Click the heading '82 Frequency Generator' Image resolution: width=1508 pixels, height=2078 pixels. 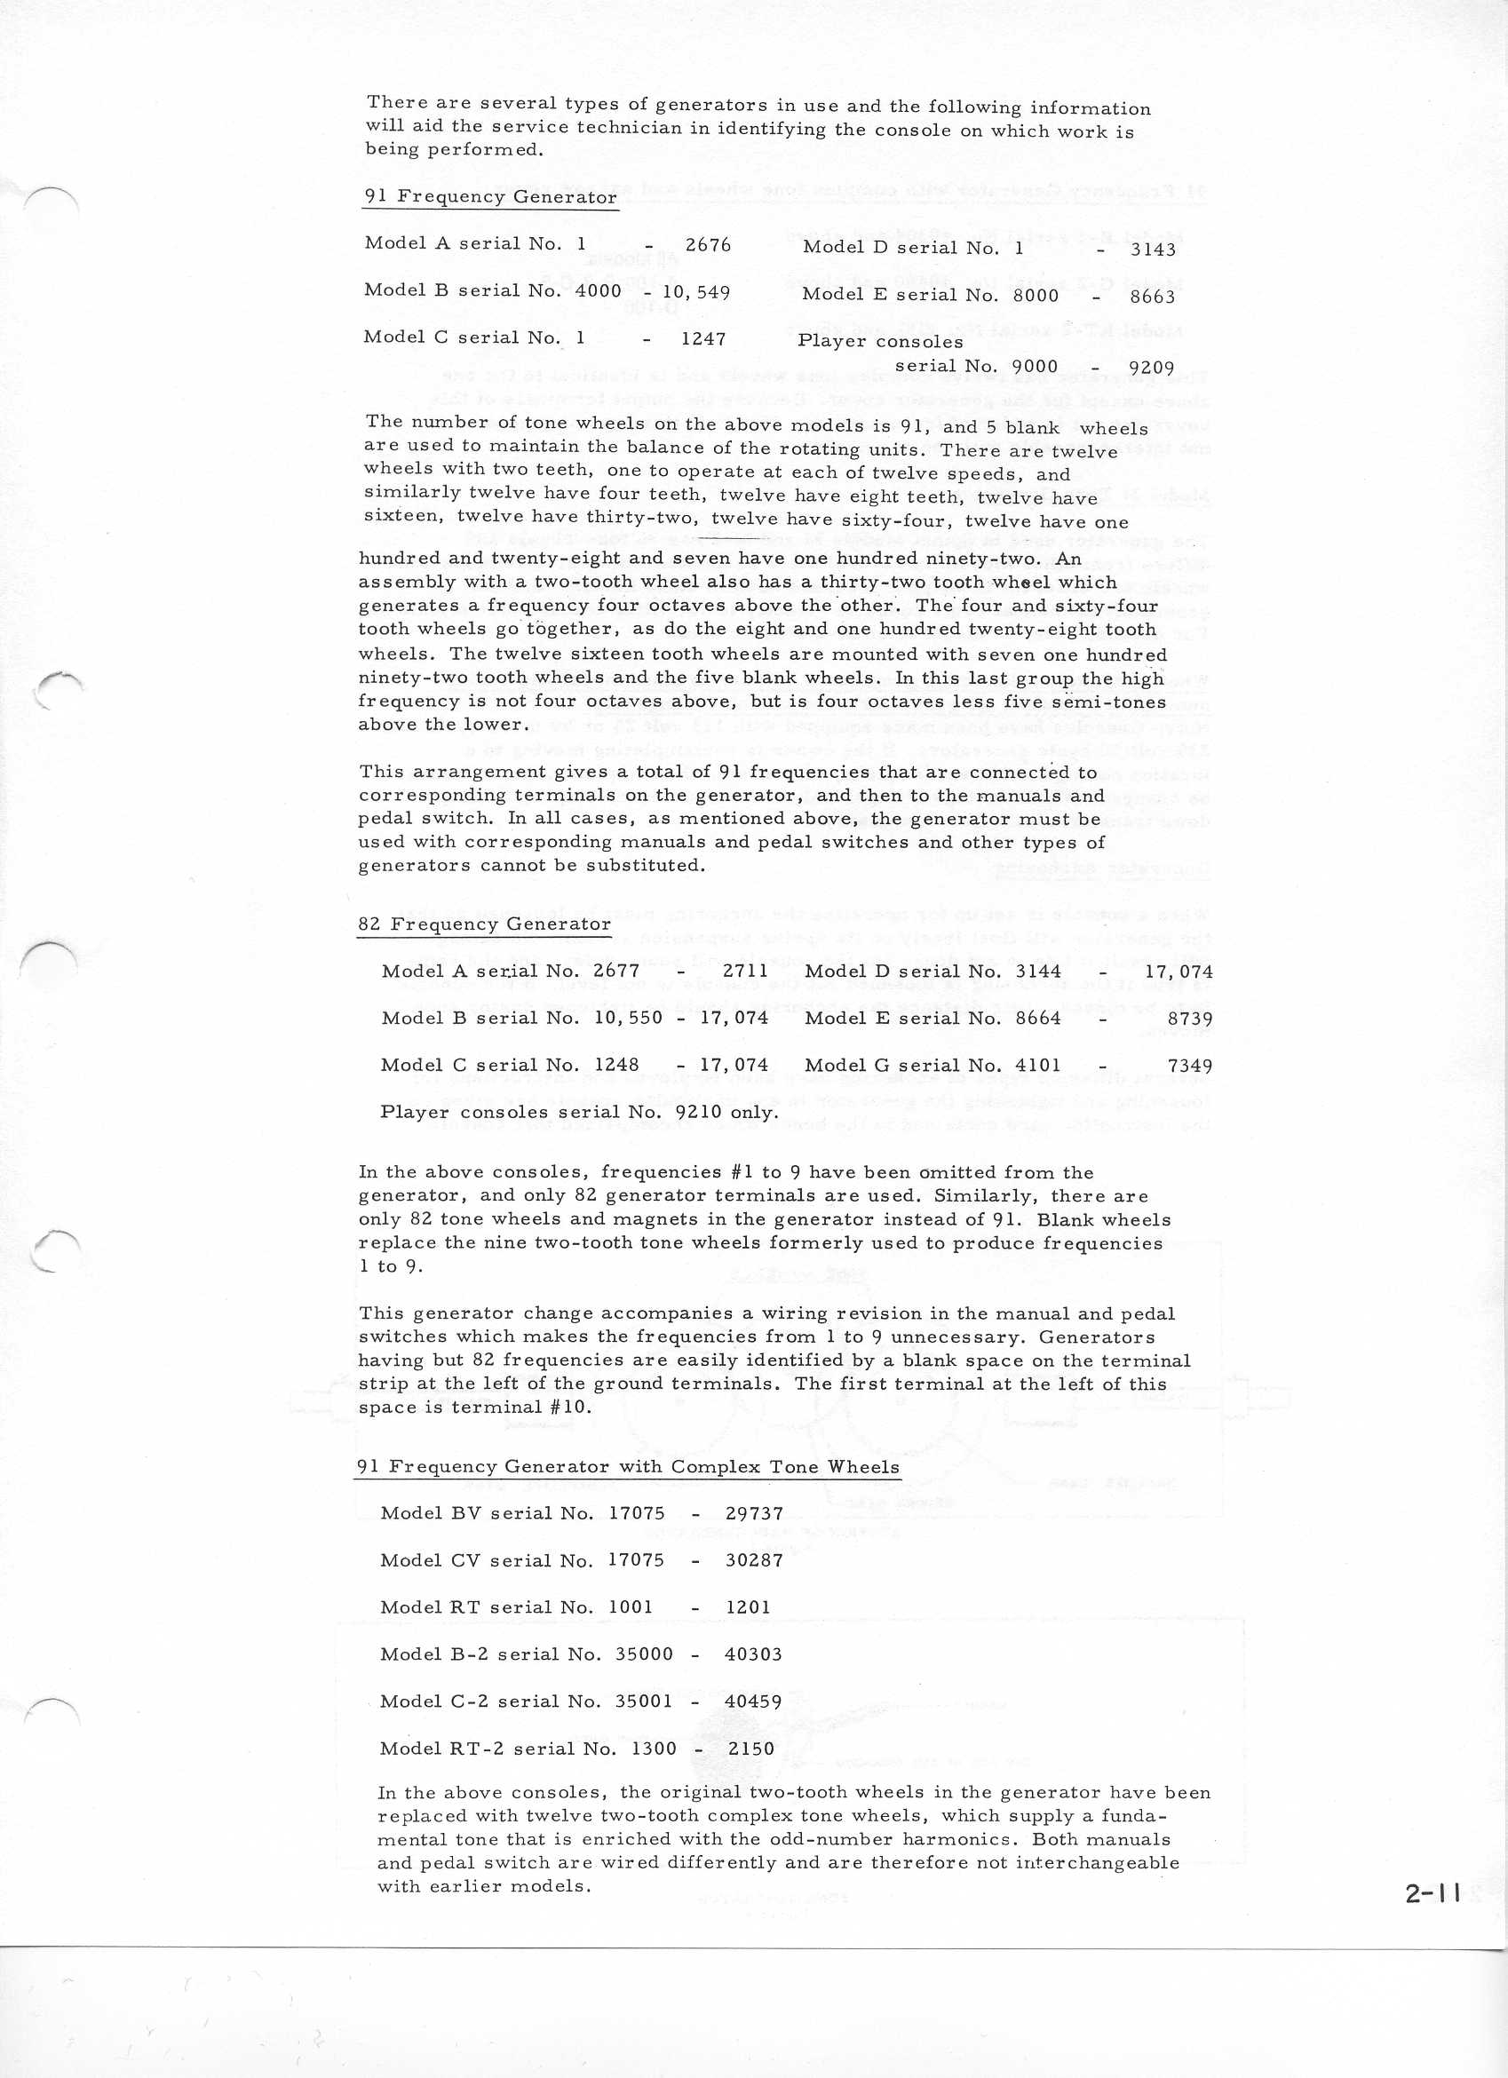(484, 924)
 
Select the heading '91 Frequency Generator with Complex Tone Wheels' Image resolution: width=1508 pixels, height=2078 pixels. (628, 1467)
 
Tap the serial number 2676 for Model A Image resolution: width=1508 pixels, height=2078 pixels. (708, 244)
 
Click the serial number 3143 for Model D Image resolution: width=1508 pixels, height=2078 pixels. (1152, 250)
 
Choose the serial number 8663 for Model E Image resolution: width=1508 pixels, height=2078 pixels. (1152, 297)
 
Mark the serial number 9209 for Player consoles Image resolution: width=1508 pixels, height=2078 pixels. (1152, 369)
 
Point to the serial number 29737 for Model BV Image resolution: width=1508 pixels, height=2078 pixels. (754, 1513)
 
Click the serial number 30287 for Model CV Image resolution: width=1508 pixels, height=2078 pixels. (754, 1560)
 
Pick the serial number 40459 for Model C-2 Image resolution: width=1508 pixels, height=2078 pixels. (753, 1701)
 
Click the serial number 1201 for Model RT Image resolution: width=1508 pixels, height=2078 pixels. (748, 1607)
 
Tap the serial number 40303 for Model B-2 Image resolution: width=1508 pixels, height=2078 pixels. (753, 1654)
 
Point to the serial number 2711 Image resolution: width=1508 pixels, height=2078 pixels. (745, 972)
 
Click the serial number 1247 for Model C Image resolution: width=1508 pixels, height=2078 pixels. (702, 339)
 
